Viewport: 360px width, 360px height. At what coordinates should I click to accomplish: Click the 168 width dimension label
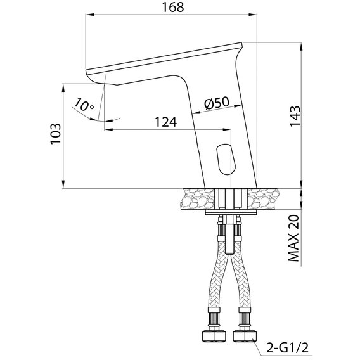tap(173, 7)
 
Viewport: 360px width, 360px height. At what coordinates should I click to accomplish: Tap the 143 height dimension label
tap(295, 116)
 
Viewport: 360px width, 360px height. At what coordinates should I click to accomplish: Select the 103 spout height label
tap(56, 134)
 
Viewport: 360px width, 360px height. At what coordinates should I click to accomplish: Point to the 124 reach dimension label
tap(166, 122)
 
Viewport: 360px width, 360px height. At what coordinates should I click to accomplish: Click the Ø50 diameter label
tap(217, 103)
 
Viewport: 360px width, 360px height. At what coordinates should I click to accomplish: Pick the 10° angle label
tap(84, 105)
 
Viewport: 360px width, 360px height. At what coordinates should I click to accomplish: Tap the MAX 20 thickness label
tap(294, 238)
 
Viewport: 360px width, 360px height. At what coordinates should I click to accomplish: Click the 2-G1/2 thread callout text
tap(287, 348)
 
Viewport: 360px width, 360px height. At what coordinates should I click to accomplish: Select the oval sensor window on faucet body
tap(226, 159)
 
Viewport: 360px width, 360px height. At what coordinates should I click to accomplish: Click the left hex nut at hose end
tap(214, 337)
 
